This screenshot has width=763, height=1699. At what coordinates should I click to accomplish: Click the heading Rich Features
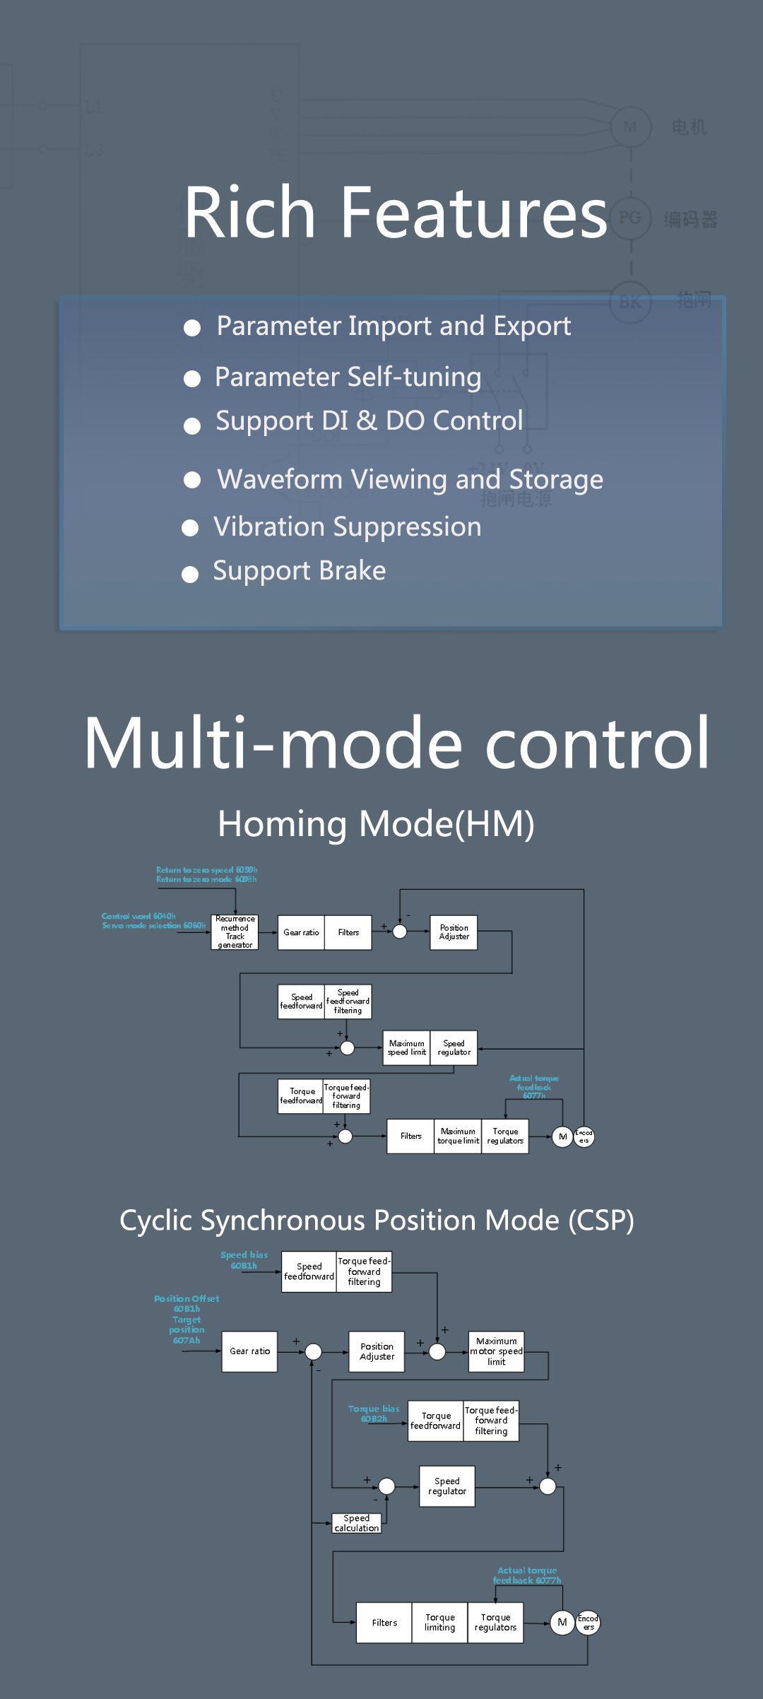click(x=396, y=212)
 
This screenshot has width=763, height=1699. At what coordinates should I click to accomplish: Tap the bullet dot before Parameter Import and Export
click(x=192, y=328)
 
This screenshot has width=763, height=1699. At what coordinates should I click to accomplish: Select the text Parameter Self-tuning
click(x=348, y=377)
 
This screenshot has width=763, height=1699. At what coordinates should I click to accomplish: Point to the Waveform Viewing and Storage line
click(x=410, y=480)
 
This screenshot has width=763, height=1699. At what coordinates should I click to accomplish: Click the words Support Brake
click(x=300, y=571)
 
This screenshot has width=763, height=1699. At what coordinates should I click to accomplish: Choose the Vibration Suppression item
click(x=348, y=527)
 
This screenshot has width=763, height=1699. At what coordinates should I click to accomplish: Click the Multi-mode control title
click(x=396, y=743)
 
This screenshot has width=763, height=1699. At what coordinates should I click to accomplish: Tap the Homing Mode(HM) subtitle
click(x=376, y=824)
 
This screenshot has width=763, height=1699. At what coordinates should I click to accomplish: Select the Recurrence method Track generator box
click(x=235, y=932)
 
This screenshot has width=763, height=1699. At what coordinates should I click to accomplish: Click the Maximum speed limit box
click(x=407, y=1047)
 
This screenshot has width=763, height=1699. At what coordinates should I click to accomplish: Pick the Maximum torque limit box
click(x=458, y=1136)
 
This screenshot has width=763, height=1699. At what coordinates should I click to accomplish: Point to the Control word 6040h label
click(x=138, y=916)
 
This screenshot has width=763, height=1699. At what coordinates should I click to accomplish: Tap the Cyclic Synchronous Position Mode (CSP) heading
click(x=377, y=1221)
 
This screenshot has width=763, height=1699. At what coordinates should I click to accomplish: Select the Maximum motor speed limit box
click(x=497, y=1351)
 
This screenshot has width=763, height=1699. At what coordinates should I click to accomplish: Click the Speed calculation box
click(x=357, y=1523)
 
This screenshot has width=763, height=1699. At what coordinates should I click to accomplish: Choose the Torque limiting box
click(x=439, y=1623)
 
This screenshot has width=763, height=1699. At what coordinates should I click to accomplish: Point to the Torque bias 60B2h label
click(x=374, y=1413)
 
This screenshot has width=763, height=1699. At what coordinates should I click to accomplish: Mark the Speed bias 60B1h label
click(x=244, y=1260)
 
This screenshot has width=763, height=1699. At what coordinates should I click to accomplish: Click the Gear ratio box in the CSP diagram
click(x=249, y=1351)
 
